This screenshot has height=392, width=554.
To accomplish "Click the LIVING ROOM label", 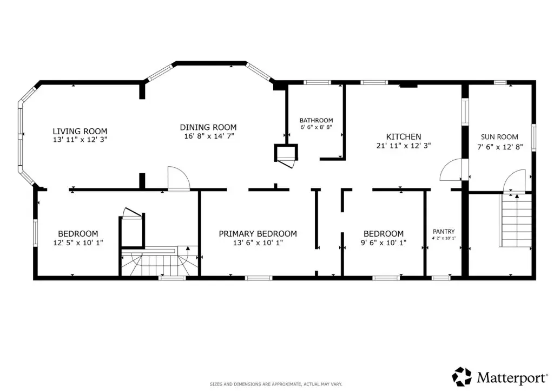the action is coord(80,131).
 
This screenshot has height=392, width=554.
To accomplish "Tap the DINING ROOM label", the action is coord(208,127).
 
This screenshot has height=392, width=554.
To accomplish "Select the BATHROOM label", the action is coord(316,120).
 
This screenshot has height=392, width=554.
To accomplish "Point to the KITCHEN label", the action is coord(404,137).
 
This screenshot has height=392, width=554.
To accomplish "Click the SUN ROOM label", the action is coord(499,137).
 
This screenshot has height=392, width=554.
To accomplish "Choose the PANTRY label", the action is coord(444,232).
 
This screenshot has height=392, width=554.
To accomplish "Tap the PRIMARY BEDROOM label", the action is coord(258,234).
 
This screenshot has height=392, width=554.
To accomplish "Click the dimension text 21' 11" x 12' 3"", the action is coord(404,146).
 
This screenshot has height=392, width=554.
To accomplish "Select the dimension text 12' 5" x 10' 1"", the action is coord(78,243).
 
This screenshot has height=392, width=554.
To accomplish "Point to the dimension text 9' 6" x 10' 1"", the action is coord(384,243).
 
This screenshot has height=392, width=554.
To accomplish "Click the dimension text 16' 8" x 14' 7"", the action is coord(209,136).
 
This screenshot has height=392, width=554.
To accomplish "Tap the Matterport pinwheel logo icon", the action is coord(462,376).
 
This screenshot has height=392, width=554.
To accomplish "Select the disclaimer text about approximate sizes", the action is coord(275,384).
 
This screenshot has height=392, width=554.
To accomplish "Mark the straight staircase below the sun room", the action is coord(516,220).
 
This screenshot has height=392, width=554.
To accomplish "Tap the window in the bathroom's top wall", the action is coord(317,83).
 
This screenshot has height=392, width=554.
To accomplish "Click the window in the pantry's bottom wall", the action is coord(441,278).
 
